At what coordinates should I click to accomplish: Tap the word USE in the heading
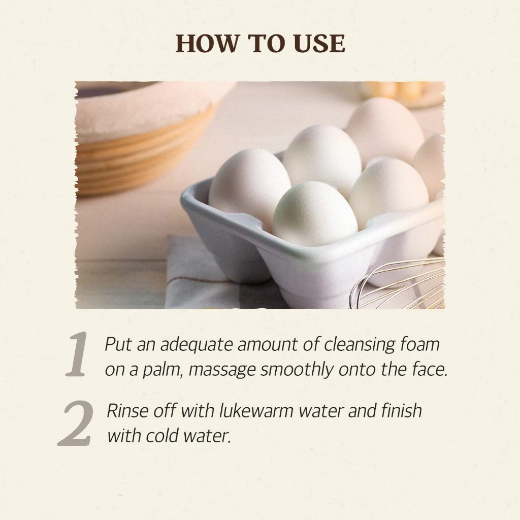(318, 44)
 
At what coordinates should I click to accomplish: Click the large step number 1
(77, 355)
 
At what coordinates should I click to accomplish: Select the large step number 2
(76, 423)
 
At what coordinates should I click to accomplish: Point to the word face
(428, 369)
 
